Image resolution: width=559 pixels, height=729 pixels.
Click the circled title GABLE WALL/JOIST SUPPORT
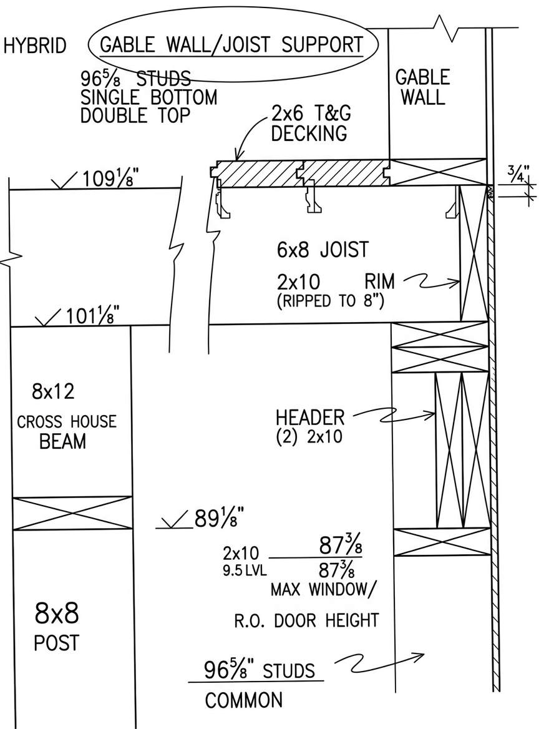coord(231,45)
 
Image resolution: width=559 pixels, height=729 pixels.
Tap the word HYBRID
coord(35,47)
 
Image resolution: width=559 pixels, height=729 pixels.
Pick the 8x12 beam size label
coord(53,392)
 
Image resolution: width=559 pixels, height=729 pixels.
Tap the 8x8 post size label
coord(57,614)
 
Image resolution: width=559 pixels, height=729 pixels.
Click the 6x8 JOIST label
coord(323,250)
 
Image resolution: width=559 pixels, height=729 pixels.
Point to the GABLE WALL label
coord(422,87)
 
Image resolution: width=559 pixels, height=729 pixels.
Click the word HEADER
coord(310,418)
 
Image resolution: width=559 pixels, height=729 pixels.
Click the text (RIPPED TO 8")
coord(330,301)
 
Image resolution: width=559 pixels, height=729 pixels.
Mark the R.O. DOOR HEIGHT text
coord(306,620)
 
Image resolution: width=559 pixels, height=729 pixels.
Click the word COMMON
coord(244,700)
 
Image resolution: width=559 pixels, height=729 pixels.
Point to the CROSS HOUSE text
coord(66,421)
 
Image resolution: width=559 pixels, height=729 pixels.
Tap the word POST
coord(57,643)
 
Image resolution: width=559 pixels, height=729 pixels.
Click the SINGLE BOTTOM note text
coord(149,97)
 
